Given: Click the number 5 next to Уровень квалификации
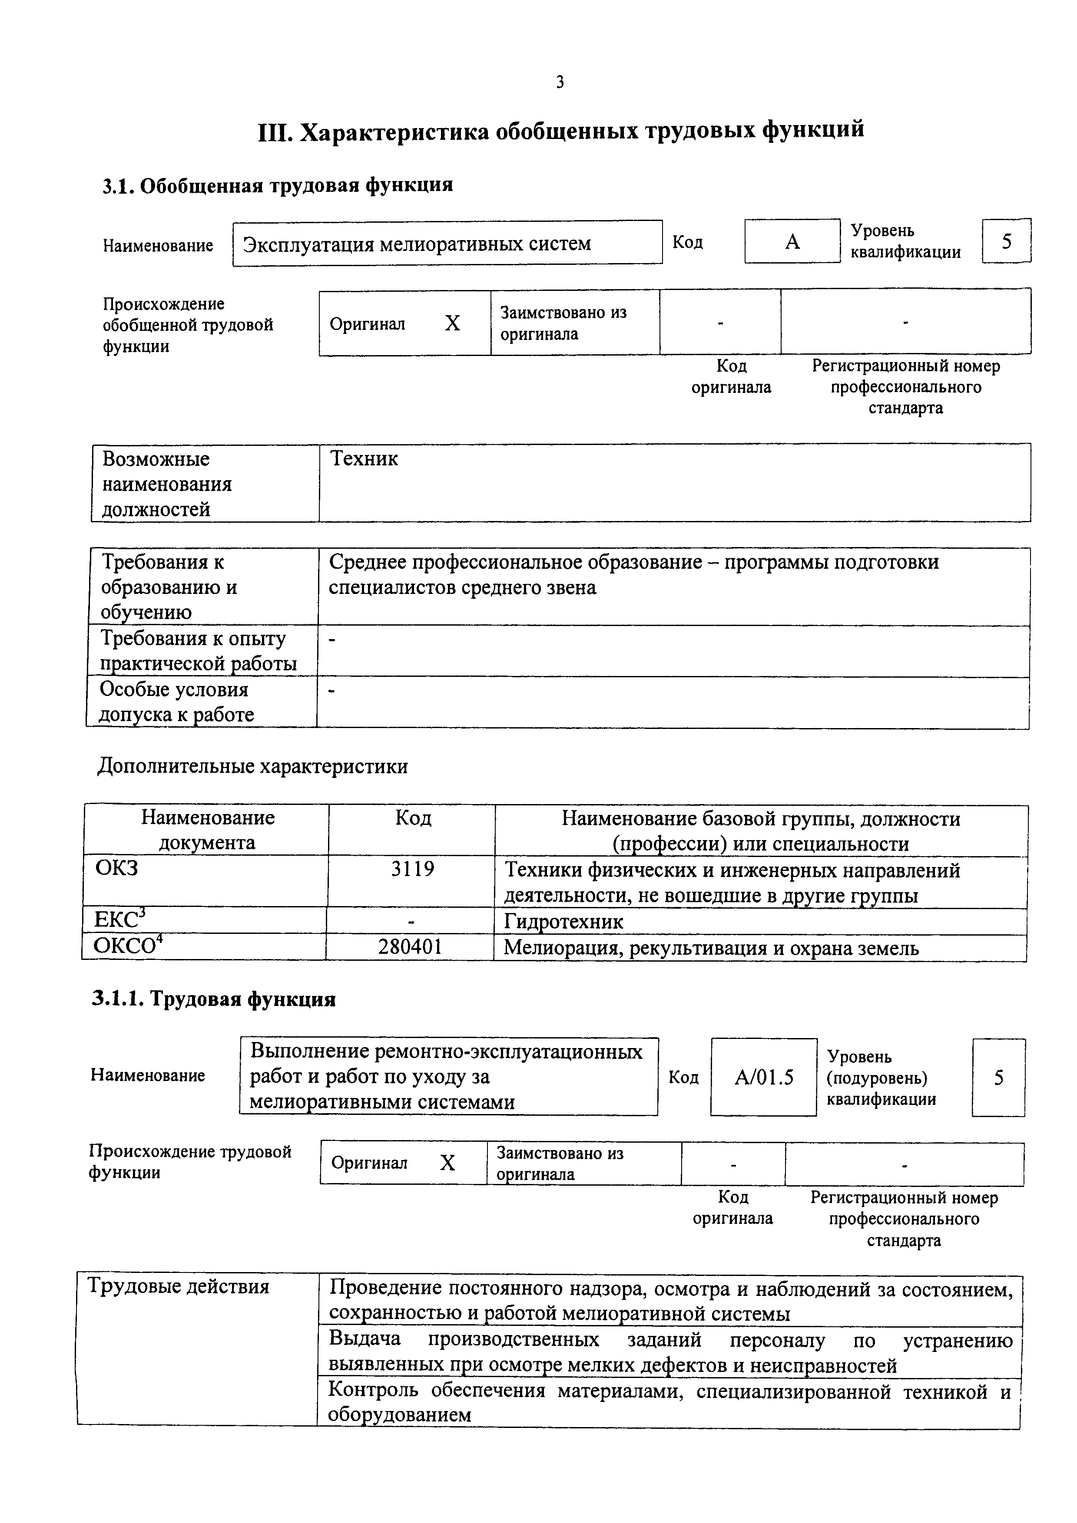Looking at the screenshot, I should pos(1006,241).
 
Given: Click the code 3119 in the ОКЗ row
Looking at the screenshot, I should pos(412,869).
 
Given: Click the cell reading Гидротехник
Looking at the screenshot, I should pos(563,921).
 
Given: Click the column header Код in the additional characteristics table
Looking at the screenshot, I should pos(413,818).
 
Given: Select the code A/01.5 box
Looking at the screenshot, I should pos(764,1077).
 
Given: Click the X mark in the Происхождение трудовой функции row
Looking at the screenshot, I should pos(448,1163).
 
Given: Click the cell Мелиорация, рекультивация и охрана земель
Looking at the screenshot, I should pos(711,948).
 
